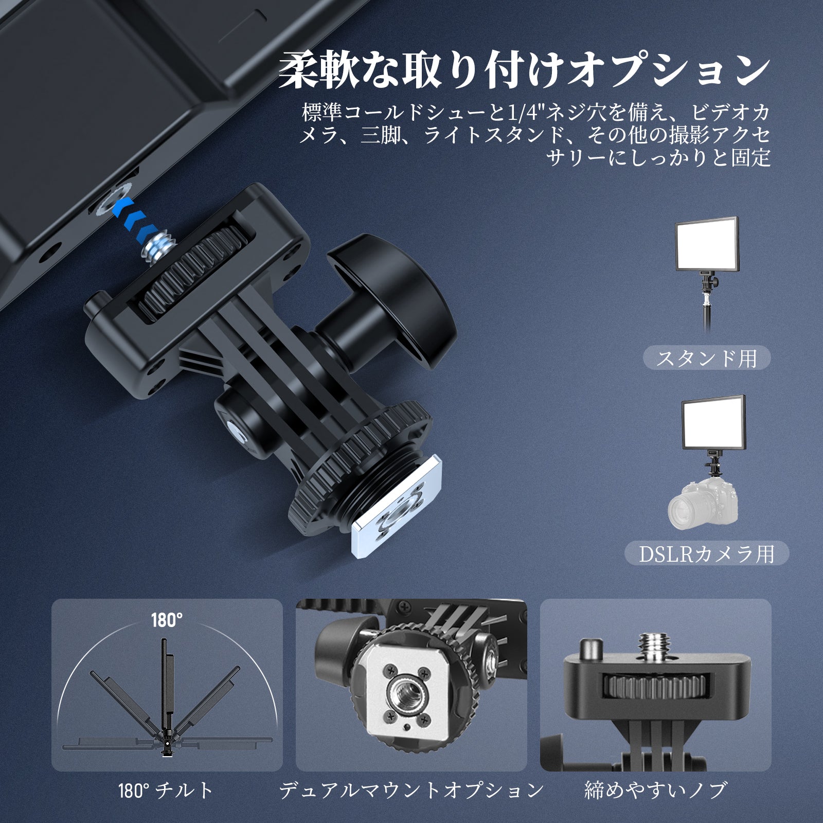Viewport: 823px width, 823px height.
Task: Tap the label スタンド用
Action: [x=707, y=358]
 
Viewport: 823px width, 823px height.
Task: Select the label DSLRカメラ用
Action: [x=707, y=553]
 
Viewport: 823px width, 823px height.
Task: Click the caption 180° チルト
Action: [x=166, y=790]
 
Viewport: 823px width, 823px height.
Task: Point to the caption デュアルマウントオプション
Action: [x=411, y=790]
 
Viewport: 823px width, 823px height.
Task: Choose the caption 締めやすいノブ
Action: [x=656, y=790]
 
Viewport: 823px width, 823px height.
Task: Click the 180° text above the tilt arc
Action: [x=167, y=620]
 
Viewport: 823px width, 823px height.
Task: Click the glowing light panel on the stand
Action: [x=707, y=244]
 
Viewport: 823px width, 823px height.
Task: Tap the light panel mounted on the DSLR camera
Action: [x=713, y=423]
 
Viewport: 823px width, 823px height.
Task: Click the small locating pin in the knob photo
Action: [x=591, y=649]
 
